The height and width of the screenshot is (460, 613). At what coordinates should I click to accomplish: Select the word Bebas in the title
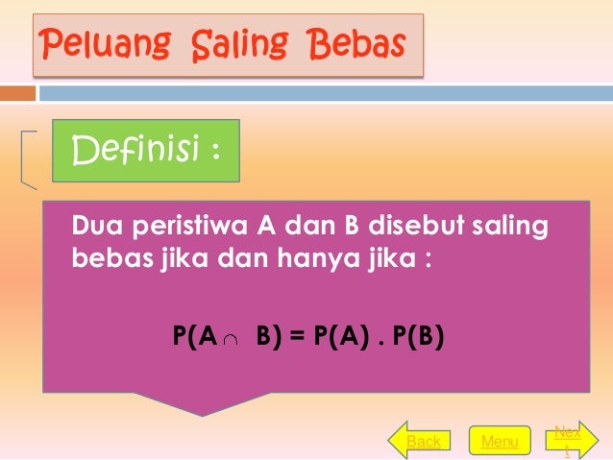(355, 43)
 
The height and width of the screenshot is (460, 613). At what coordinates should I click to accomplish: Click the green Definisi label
(145, 151)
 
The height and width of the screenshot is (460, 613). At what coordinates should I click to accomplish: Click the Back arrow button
(420, 441)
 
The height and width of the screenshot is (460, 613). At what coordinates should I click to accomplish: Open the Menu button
(500, 441)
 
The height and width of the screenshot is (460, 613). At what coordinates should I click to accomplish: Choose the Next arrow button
(567, 440)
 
